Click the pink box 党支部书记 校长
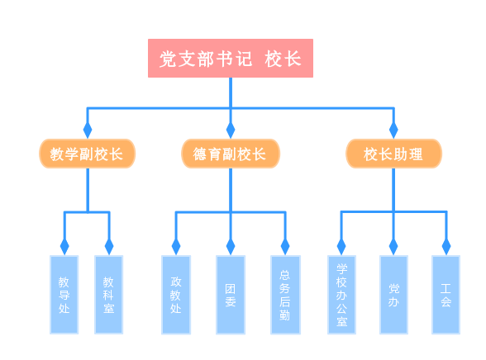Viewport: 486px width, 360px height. [231, 58]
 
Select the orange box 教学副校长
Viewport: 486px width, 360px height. [87, 154]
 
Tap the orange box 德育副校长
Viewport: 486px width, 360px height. [231, 154]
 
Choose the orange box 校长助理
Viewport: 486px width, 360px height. [393, 154]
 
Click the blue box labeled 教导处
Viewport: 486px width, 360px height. [64, 295]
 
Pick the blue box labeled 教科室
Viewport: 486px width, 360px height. [109, 295]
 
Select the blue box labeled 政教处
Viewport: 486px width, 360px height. [176, 295]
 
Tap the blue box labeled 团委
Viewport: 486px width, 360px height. [231, 295]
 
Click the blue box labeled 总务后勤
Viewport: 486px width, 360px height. [285, 295]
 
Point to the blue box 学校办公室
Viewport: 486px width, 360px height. [341, 295]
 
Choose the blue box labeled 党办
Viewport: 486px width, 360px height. [393, 295]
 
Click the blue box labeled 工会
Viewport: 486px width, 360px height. [446, 295]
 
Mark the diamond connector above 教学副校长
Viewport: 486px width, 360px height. [88, 130]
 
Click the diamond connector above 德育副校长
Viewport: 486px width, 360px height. [231, 130]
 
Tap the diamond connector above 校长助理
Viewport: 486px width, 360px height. [393, 130]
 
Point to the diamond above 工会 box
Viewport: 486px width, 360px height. [446, 247]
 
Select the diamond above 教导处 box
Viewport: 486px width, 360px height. [64, 247]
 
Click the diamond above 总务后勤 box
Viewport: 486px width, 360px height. [285, 247]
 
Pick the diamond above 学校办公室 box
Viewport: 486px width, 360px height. [341, 247]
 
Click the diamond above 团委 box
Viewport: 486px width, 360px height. [231, 247]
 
